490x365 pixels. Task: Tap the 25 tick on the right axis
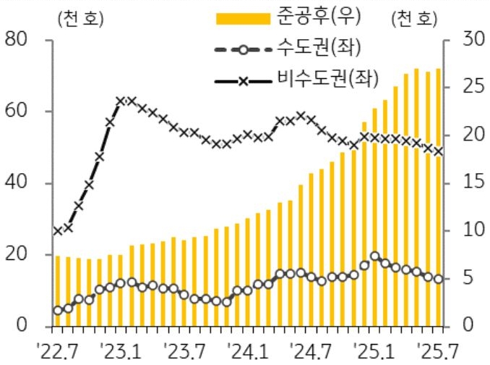pos(463,87)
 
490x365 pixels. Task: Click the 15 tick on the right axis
pos(463,182)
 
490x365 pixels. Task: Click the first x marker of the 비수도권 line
pos(58,231)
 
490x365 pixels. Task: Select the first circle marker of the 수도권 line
pos(58,311)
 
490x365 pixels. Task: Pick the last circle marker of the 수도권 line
pos(438,279)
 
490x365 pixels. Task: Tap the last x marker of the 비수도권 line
pos(438,151)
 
